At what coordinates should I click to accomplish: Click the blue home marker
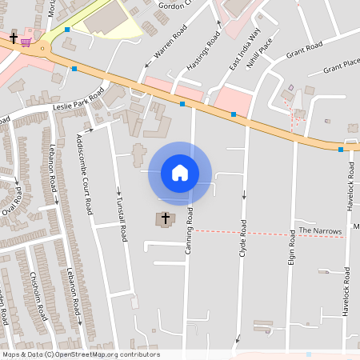[180, 172]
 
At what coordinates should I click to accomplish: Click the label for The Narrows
[320, 231]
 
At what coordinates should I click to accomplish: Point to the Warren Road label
[170, 45]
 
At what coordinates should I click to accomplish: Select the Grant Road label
[303, 50]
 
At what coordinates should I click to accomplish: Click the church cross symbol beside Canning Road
[166, 218]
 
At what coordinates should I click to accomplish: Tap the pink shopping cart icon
[26, 41]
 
